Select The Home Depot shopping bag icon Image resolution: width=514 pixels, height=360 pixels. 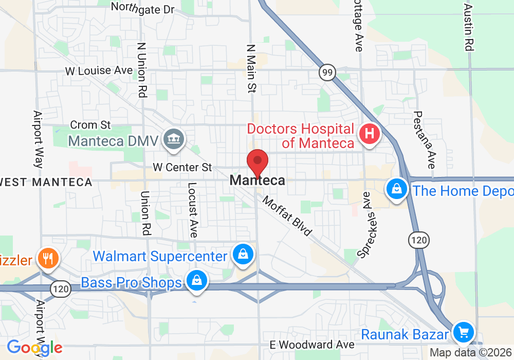pos(397,189)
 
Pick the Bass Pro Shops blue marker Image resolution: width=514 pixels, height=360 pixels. pos(196,280)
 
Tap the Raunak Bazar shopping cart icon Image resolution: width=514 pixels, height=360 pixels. pos(463,332)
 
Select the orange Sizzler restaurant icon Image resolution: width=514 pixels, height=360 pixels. pos(48,258)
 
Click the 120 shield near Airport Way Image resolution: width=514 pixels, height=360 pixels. pos(60,289)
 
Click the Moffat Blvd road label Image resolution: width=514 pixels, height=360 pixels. pos(287,216)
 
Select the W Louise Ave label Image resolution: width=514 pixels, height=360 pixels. pos(99,70)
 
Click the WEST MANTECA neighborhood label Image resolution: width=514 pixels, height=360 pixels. pos(46,182)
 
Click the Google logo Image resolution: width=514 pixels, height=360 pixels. pos(34,347)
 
